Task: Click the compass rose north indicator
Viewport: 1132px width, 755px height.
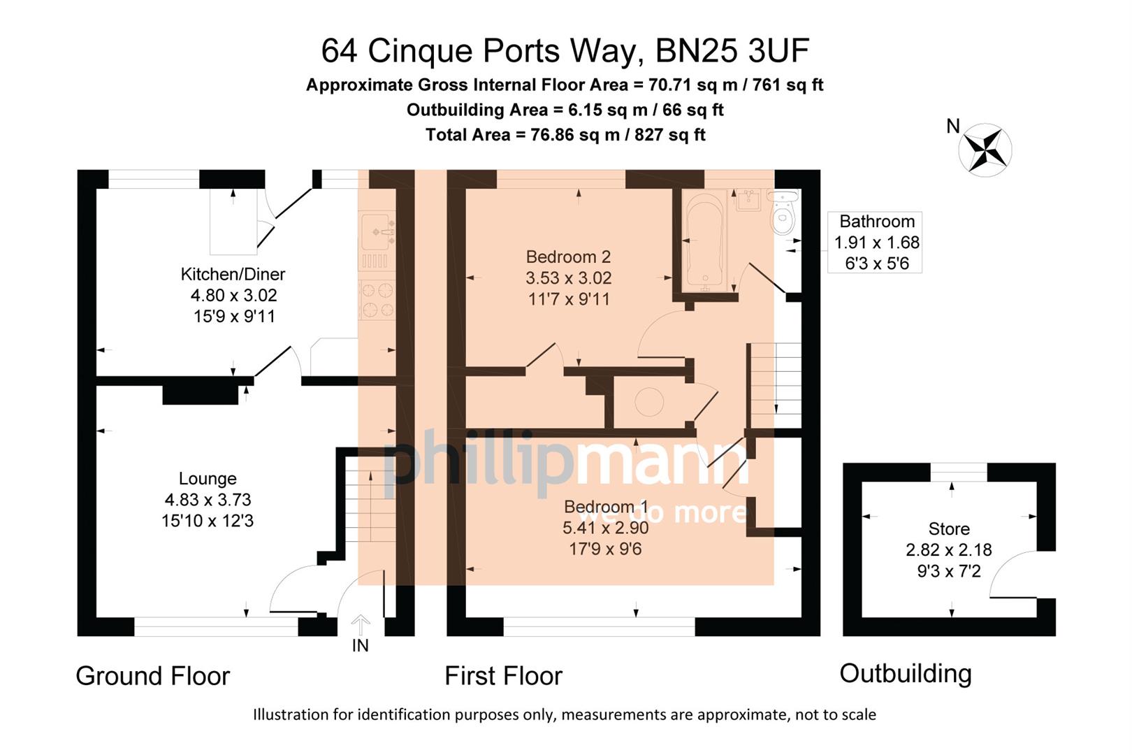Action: [985, 148]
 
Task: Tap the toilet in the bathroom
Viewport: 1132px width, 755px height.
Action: [783, 213]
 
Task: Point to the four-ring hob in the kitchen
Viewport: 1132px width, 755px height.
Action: [377, 300]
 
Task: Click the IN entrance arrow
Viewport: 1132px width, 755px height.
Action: [360, 624]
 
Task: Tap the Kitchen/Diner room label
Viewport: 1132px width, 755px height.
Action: [233, 274]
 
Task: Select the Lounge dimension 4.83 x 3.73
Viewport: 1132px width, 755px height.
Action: [208, 500]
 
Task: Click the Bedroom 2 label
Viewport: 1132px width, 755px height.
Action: [568, 257]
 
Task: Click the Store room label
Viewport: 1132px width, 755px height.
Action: [948, 529]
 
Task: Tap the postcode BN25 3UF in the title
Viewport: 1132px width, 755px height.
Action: [732, 51]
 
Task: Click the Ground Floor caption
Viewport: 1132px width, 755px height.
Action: [152, 676]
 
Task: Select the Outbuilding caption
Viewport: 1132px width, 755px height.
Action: [905, 674]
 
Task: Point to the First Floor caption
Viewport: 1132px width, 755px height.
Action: [503, 676]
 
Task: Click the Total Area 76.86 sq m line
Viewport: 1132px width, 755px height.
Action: [565, 135]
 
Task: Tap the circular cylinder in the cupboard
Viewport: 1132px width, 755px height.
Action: [648, 403]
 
